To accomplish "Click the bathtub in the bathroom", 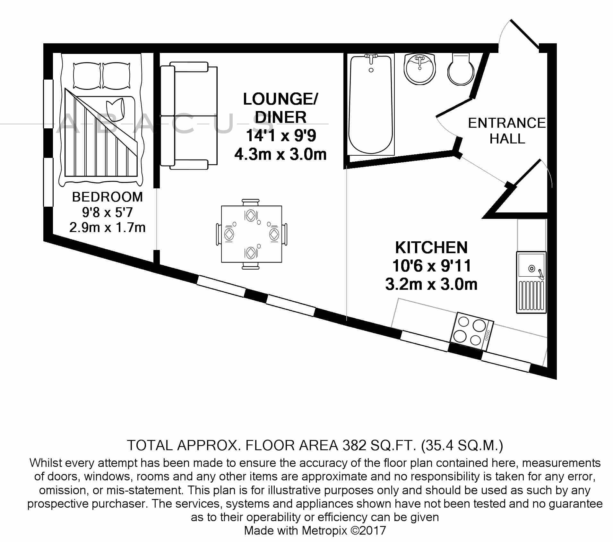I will tap(371, 106).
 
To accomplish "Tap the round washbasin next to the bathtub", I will tap(419, 69).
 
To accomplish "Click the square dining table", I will tap(251, 234).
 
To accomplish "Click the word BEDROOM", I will tap(107, 197).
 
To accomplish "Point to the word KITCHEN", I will tap(431, 247).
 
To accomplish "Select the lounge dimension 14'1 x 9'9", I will tap(281, 136).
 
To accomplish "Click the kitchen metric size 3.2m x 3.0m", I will tap(431, 284).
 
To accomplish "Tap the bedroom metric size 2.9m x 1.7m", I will tap(107, 228).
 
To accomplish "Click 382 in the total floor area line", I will tap(354, 445).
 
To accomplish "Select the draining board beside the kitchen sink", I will tap(531, 296).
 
